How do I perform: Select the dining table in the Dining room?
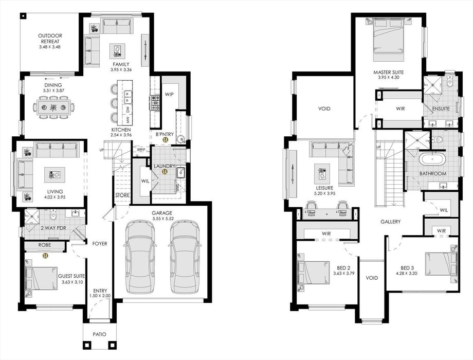(53, 107)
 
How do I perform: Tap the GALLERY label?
(390, 222)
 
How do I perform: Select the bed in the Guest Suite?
(42, 279)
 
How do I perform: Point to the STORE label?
(122, 195)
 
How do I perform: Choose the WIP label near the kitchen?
(169, 95)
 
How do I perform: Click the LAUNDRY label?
(165, 166)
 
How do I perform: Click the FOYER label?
(100, 243)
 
